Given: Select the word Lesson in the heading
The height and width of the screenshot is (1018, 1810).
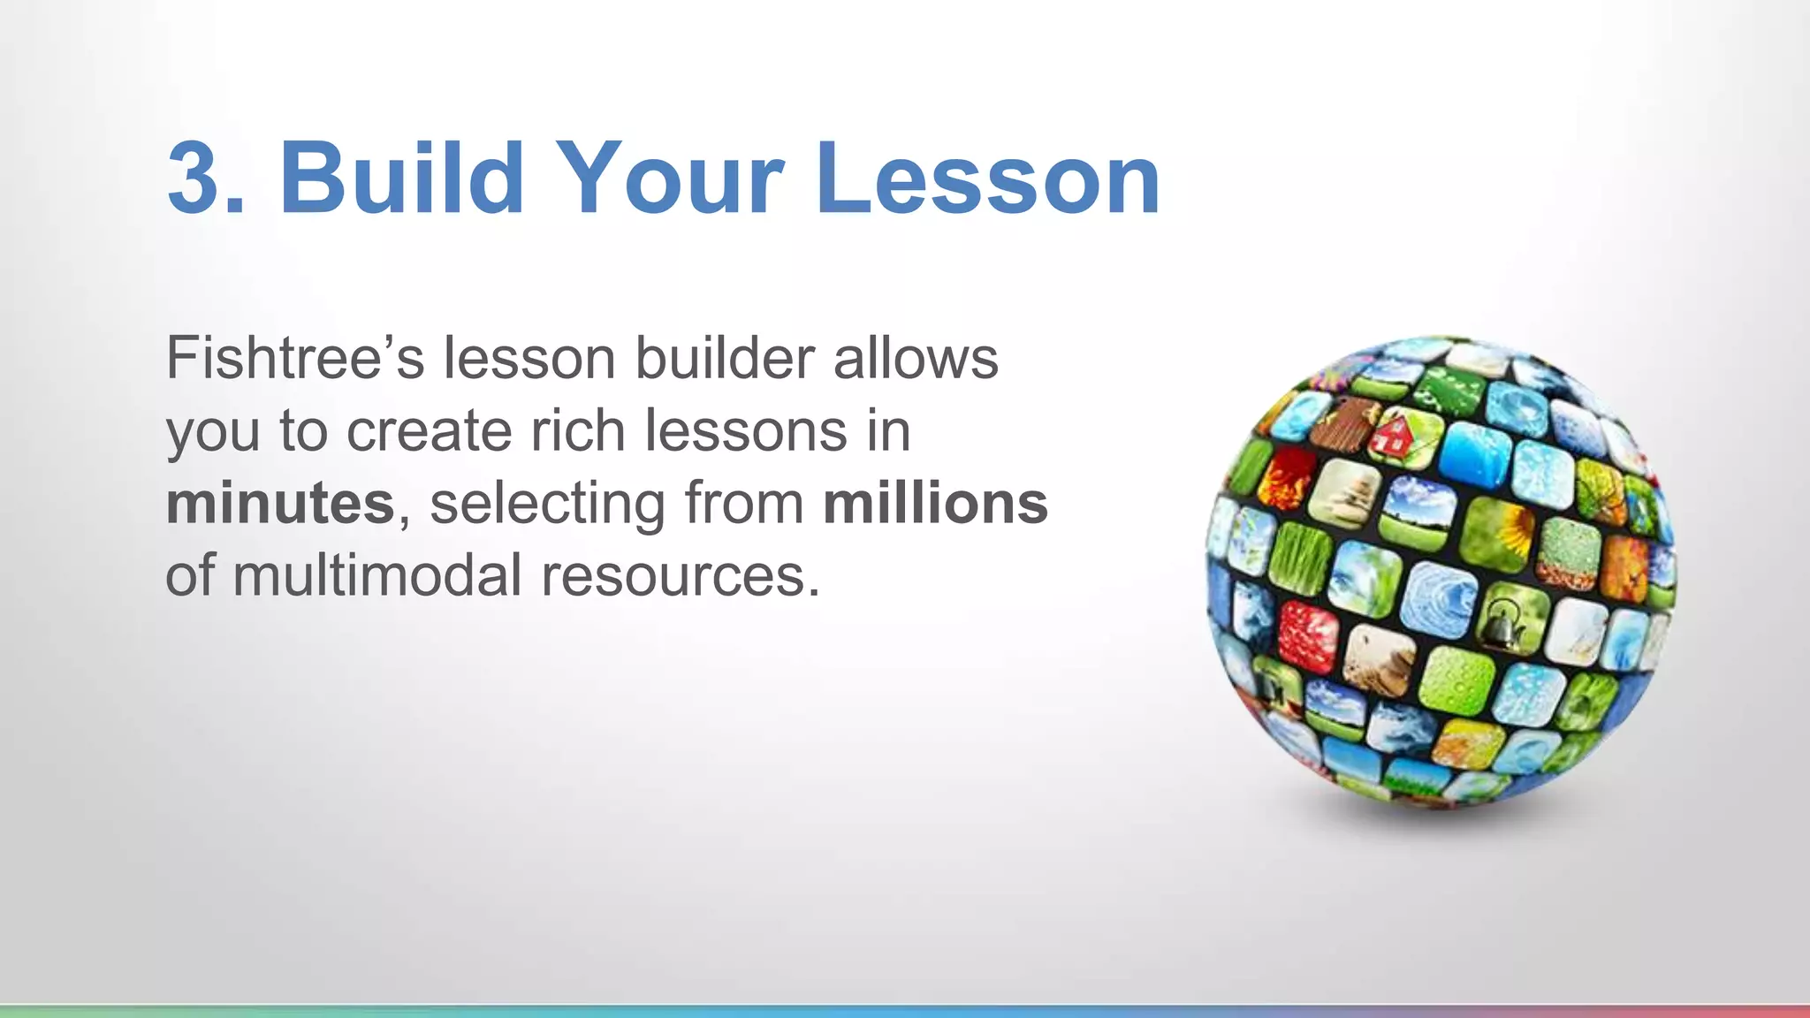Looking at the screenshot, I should pos(987,179).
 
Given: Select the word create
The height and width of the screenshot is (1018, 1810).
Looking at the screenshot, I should pos(428,431).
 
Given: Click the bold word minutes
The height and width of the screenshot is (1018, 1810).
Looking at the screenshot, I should pos(280,504).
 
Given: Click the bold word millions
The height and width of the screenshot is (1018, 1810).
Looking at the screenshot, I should pos(935,504).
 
